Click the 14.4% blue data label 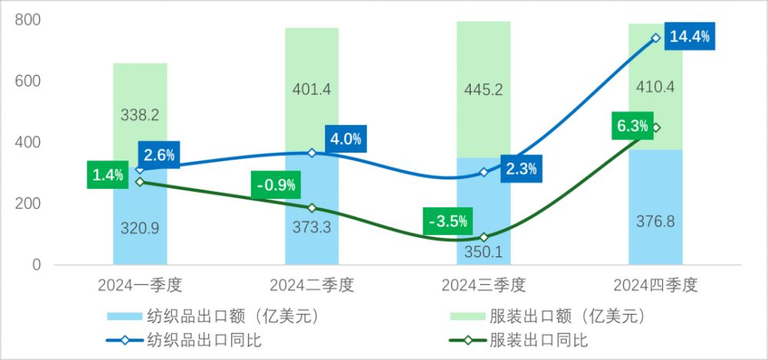(x=690, y=35)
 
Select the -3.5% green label (x=446, y=222)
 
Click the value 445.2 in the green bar (x=484, y=90)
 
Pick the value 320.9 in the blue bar (x=140, y=227)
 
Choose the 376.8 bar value (x=655, y=222)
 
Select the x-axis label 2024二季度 (x=312, y=286)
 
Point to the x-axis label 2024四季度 (x=655, y=286)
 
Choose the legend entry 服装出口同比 (x=530, y=340)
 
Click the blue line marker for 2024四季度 (x=656, y=38)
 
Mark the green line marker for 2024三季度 (x=484, y=237)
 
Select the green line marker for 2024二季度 (x=312, y=208)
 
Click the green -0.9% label (x=275, y=185)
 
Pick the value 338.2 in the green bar (x=140, y=115)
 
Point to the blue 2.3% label (x=521, y=167)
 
